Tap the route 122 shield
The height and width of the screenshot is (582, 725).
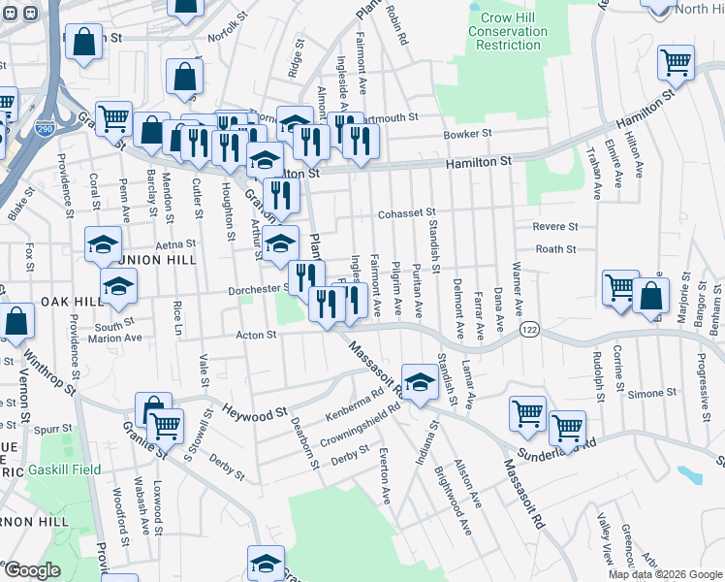point(528,331)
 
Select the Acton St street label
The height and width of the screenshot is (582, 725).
point(257,335)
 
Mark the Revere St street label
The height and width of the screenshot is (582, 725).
point(555,226)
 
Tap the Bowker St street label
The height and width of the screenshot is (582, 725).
point(468,134)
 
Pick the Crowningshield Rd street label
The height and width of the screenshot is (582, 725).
point(361,424)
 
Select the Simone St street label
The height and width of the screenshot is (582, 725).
point(651,393)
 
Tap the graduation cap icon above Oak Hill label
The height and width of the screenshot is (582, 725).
point(118,285)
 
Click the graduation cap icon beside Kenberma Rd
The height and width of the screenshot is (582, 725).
point(420,382)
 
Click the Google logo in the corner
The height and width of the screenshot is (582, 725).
point(32,570)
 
